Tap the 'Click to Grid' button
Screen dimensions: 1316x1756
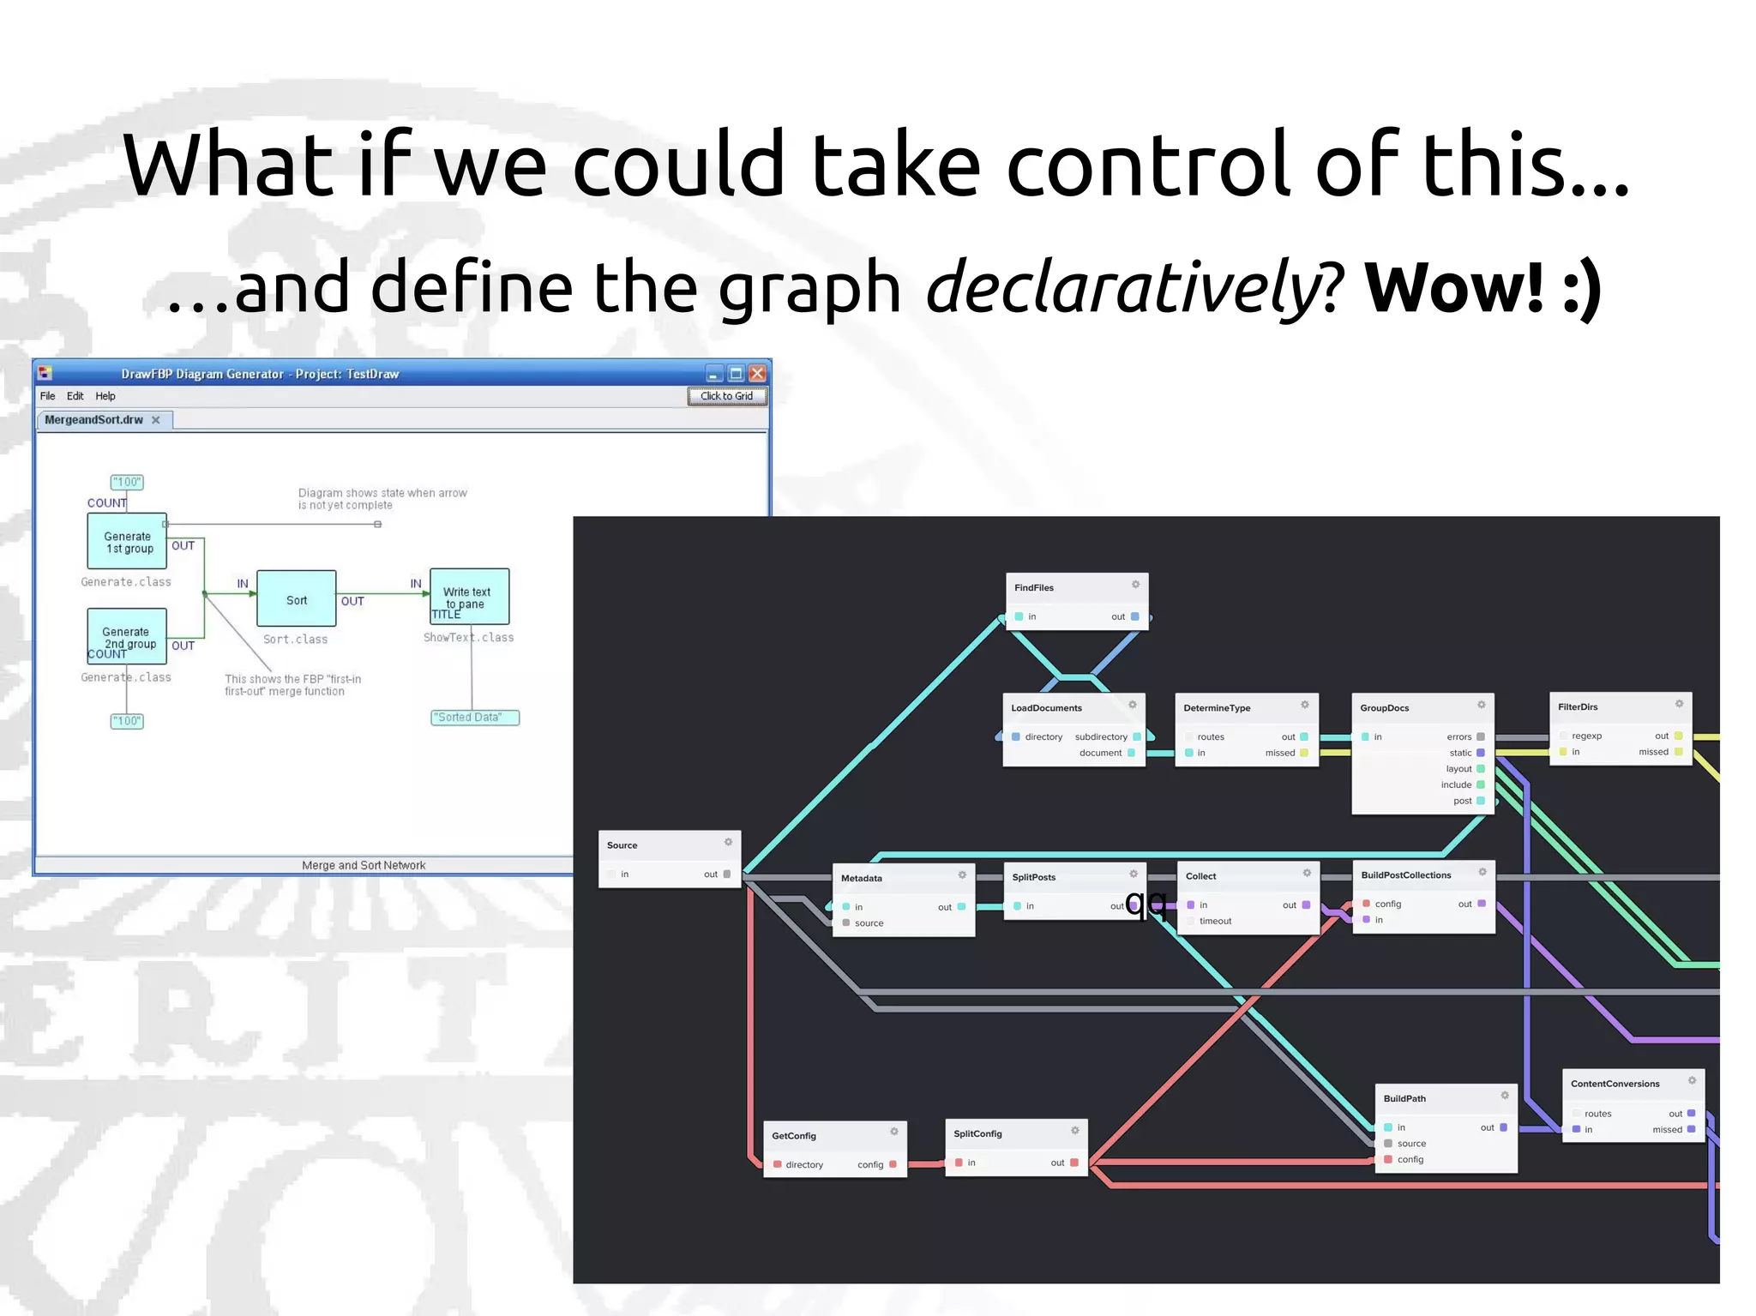[x=726, y=396]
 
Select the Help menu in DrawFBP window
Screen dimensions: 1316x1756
[x=105, y=396]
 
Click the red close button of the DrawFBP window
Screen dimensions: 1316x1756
[x=757, y=374]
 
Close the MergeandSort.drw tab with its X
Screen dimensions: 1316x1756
[x=156, y=420]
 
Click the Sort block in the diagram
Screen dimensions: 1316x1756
[x=297, y=599]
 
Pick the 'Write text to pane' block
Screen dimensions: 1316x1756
[x=469, y=597]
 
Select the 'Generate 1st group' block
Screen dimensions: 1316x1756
[x=127, y=542]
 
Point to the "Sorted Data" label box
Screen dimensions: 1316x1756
[x=475, y=718]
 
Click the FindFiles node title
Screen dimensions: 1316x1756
[x=1034, y=588]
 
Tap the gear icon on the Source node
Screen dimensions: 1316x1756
[x=728, y=843]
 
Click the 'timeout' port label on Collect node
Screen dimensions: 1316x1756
[x=1215, y=922]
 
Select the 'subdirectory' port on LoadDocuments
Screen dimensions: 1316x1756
[x=1101, y=737]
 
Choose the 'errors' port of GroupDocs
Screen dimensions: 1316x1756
[x=1458, y=737]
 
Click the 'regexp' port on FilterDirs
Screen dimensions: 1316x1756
[x=1586, y=736]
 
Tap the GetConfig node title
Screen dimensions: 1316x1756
[x=794, y=1136]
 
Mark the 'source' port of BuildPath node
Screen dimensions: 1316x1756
[x=1411, y=1144]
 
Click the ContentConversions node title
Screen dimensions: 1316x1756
[x=1615, y=1085]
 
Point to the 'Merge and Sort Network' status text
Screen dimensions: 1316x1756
[x=364, y=866]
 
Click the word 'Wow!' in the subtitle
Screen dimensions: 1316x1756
[x=1454, y=288]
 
